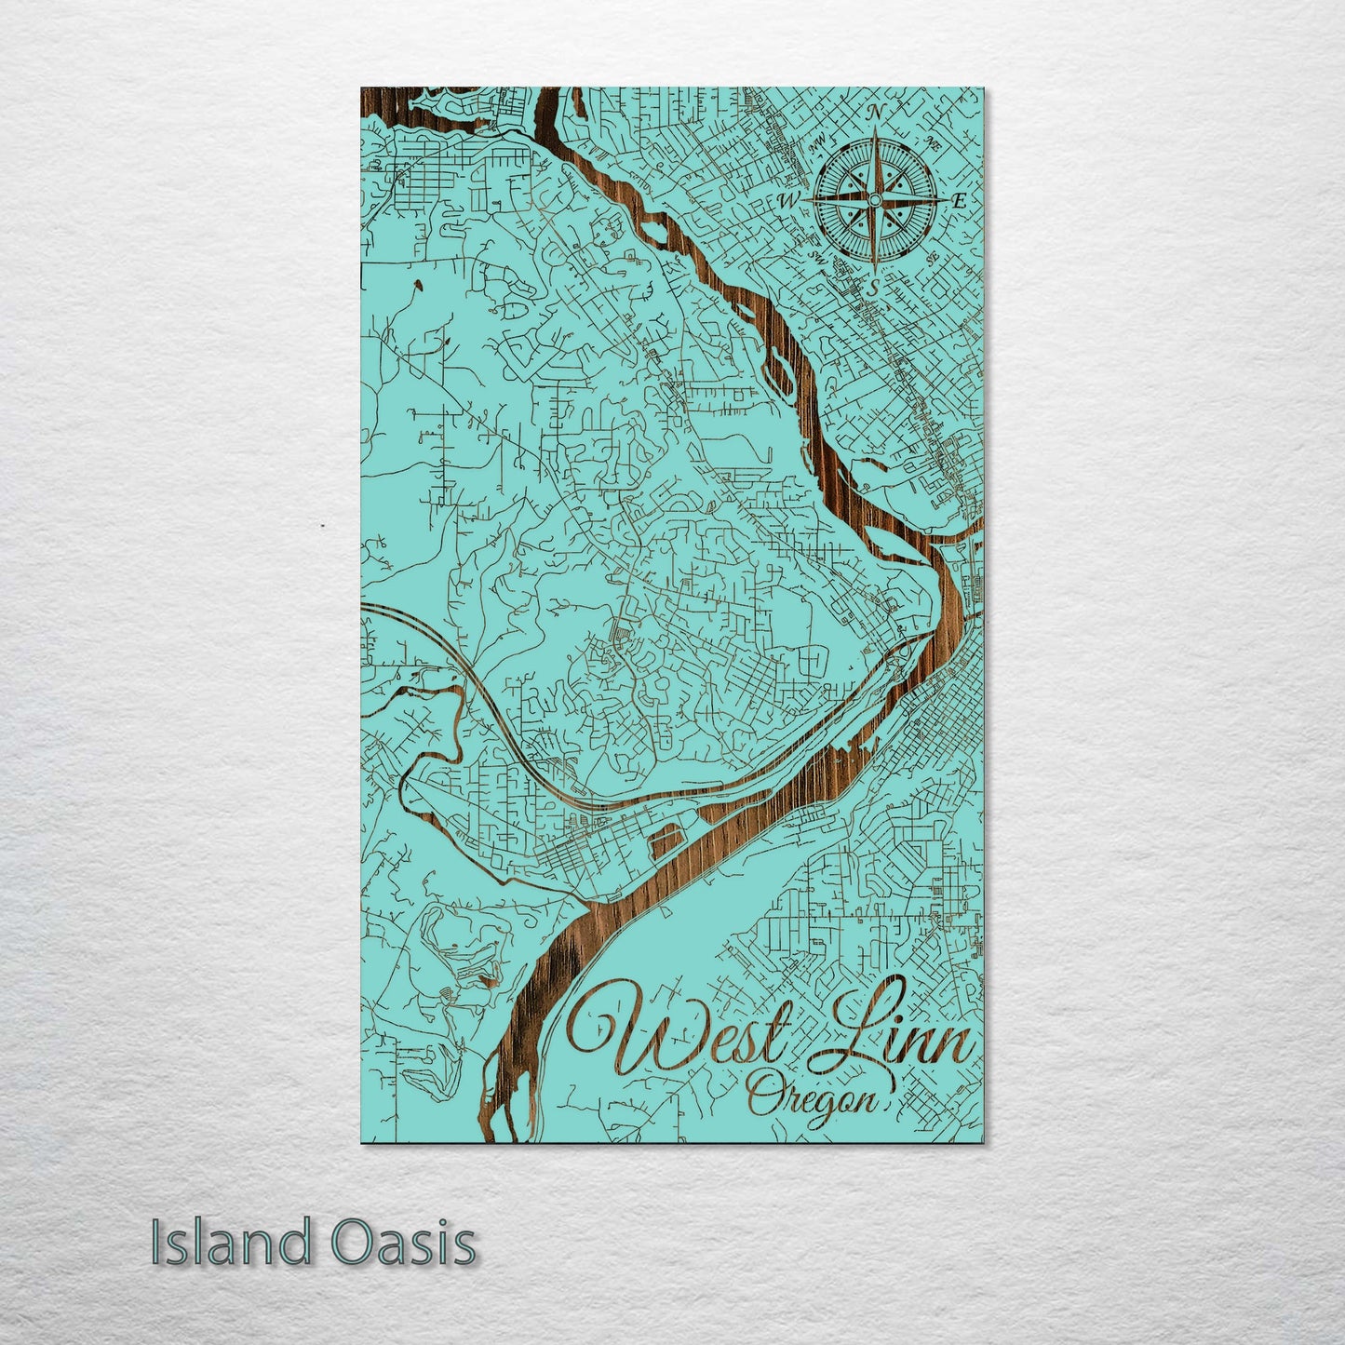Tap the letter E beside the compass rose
point(960,199)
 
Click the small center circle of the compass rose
point(874,199)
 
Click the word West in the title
point(684,1033)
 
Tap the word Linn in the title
point(898,1029)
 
